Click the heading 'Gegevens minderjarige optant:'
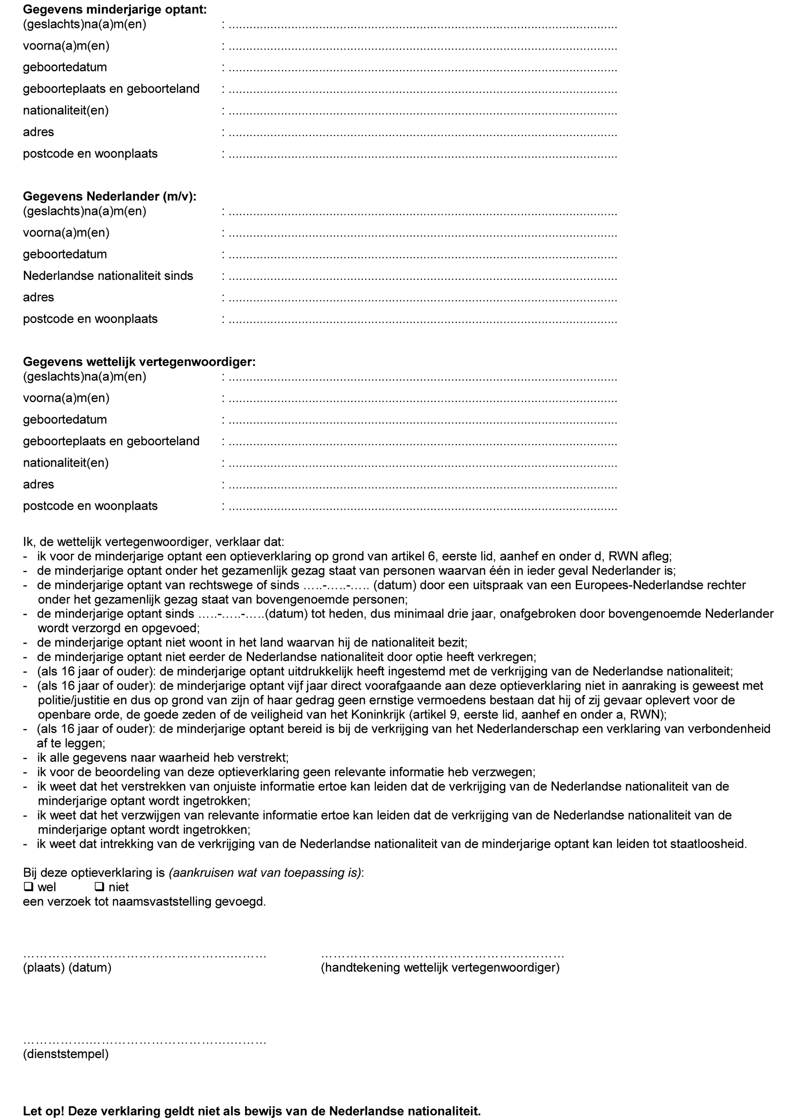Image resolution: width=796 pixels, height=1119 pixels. coord(115,9)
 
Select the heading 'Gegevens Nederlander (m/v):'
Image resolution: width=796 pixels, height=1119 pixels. coord(109,197)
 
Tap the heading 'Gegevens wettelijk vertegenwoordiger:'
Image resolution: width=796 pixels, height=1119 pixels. coord(139,362)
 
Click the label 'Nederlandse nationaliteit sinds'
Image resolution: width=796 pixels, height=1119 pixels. coord(108,276)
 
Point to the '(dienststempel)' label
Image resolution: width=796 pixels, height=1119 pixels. coord(66,1054)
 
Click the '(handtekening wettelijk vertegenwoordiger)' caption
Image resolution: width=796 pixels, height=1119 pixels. coord(440,968)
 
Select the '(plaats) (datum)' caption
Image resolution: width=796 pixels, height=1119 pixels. coord(67,968)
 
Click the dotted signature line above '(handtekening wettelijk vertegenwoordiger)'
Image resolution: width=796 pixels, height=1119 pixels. coord(442,955)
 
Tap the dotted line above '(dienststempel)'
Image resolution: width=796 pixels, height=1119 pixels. coord(145,1041)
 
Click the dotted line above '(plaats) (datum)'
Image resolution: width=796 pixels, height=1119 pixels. coord(145,955)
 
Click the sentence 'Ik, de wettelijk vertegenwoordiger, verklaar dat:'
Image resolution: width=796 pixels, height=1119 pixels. coord(154,542)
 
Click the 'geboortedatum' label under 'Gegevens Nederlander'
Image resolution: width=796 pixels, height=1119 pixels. coord(65,254)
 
